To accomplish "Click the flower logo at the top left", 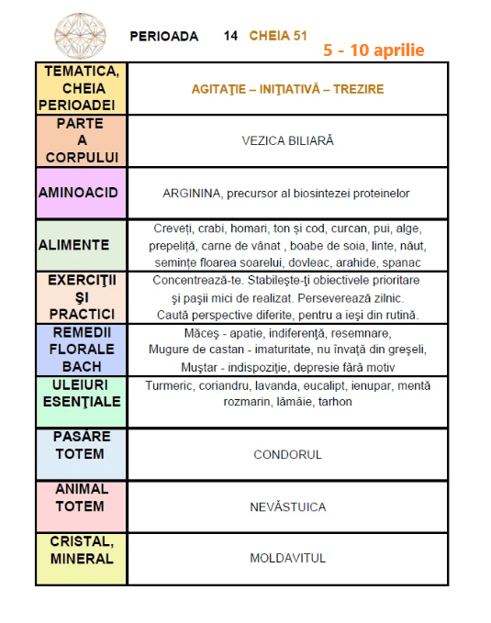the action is click(81, 35).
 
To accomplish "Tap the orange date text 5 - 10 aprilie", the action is click(374, 50).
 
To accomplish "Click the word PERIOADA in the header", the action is click(164, 36).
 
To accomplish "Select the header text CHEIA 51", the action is click(278, 36).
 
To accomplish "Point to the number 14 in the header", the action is click(230, 36).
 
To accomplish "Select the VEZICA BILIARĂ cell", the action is click(287, 141).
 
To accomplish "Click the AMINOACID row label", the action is click(82, 194).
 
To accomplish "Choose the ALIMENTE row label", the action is click(74, 245).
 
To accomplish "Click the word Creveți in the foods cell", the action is click(173, 228).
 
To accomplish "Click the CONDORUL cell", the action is click(287, 454).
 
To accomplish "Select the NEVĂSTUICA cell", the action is click(287, 506).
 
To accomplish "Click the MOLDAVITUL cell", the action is click(287, 558).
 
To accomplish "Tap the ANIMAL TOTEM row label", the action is click(81, 497).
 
